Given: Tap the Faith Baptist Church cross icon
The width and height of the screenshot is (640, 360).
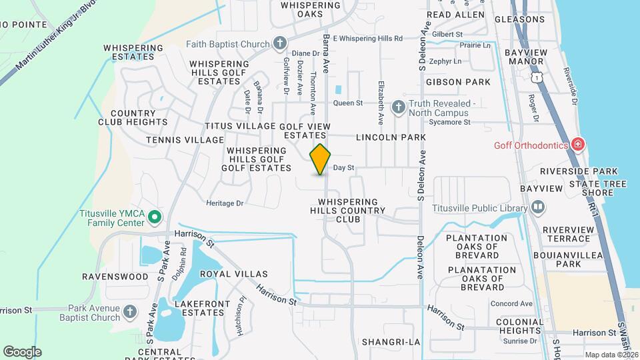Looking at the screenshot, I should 280,44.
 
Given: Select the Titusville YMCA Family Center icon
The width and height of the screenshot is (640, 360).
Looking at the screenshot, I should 155,217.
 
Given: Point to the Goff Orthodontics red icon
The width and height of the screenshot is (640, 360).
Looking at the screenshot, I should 577,145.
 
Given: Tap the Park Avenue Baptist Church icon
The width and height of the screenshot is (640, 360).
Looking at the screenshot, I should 130,311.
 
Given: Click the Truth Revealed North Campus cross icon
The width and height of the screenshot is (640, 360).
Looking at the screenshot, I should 398,107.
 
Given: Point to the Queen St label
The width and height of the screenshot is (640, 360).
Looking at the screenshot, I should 347,103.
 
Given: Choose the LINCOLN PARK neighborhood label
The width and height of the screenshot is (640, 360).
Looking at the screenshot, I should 391,137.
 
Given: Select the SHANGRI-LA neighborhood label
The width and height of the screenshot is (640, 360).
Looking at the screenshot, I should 391,342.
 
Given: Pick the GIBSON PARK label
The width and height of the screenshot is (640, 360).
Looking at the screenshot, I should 467,82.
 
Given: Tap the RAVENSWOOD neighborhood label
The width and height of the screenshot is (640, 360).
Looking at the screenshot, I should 115,276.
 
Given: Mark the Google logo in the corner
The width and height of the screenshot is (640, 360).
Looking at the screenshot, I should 21,352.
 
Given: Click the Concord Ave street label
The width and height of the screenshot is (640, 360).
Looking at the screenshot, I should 511,304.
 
